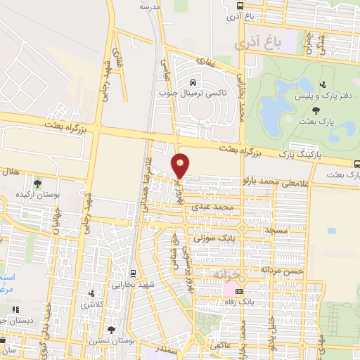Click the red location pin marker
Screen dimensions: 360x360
click(x=181, y=166)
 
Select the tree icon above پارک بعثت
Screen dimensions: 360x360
click(x=316, y=110)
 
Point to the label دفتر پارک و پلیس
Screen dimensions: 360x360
click(x=316, y=95)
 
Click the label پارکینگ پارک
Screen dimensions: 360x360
click(x=298, y=153)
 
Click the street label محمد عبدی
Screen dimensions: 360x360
click(x=234, y=209)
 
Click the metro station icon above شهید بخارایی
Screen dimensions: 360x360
click(x=134, y=272)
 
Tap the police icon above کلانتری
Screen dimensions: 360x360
click(x=91, y=293)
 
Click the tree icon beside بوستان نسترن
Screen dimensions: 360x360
click(x=111, y=328)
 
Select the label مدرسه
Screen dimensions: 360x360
click(x=149, y=7)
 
